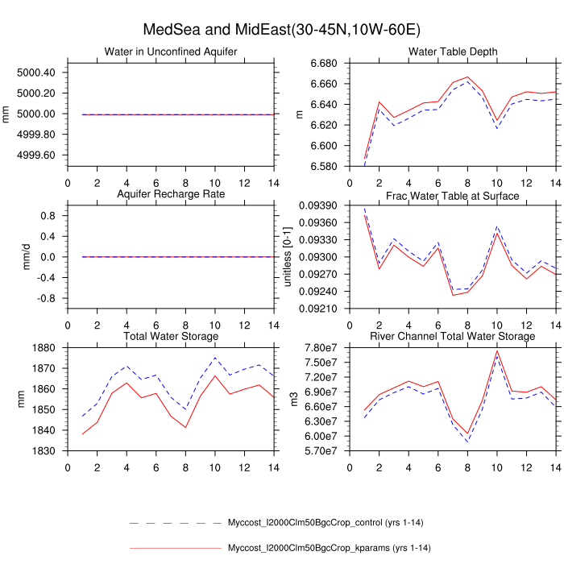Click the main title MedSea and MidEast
[x=281, y=30]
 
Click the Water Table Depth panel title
[x=453, y=52]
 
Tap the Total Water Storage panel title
[x=171, y=359]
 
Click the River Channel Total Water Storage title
[x=453, y=359]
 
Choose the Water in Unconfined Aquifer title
[x=171, y=52]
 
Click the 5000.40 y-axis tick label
[x=36, y=73]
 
